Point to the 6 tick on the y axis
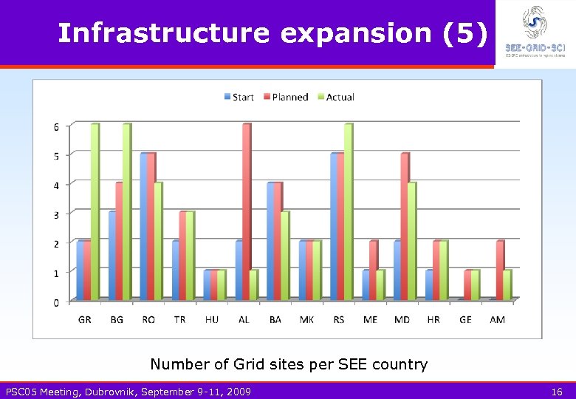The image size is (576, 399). click(x=56, y=126)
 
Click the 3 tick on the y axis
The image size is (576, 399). click(x=56, y=214)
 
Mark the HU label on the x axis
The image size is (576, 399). click(x=211, y=320)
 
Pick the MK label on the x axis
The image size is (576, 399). click(x=306, y=320)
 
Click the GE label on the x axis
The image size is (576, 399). click(x=465, y=320)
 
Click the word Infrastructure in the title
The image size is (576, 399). click(x=164, y=33)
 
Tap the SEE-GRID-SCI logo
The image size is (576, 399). click(x=535, y=30)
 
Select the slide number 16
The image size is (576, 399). click(x=558, y=392)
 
